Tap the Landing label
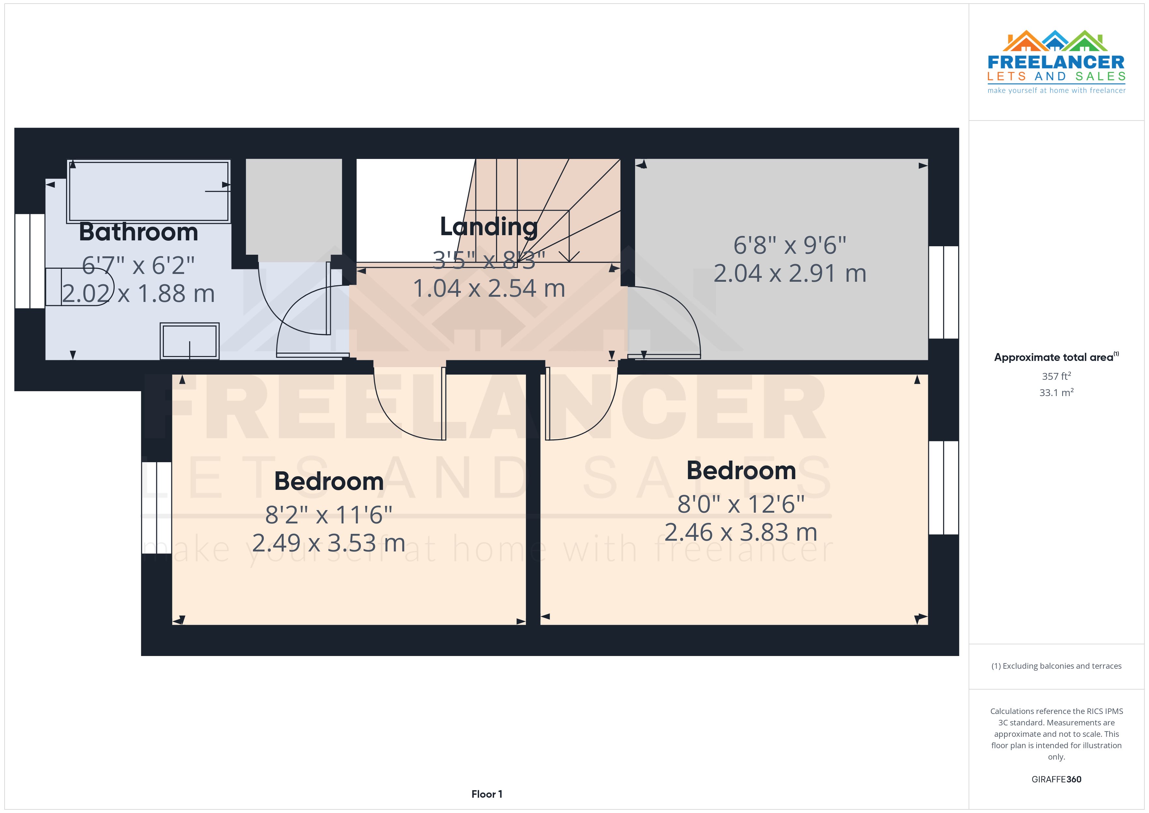click(x=489, y=227)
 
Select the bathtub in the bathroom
click(x=149, y=191)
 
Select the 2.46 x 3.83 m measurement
click(x=741, y=532)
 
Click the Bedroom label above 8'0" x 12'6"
click(x=741, y=471)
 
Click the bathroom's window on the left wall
click(x=30, y=261)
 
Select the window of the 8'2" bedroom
click(x=157, y=507)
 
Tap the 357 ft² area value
click(x=1056, y=376)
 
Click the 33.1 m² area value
click(x=1056, y=392)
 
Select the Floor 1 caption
click(x=487, y=794)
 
